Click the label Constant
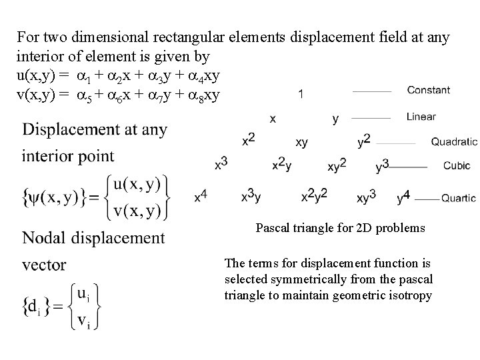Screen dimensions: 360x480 tap(428, 90)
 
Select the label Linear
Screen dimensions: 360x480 tap(421, 117)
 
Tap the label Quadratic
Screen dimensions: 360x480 tap(454, 141)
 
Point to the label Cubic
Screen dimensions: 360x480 tap(457, 165)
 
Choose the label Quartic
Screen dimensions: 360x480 tap(459, 198)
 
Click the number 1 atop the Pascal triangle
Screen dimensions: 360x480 tap(302, 95)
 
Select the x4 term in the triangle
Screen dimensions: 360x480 tap(201, 196)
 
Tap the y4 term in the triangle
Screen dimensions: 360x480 tap(403, 197)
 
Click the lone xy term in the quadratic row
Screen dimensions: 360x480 tap(301, 142)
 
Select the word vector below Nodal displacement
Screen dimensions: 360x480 tap(44, 265)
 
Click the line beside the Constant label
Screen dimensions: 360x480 tap(371, 91)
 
